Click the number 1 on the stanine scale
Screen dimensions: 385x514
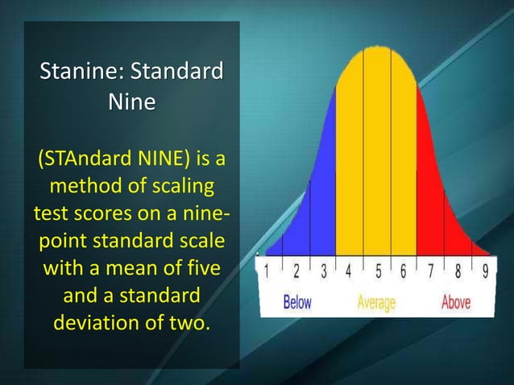click(268, 271)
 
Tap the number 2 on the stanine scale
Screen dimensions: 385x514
click(296, 271)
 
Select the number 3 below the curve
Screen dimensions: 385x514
click(323, 271)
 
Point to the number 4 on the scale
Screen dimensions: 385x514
click(349, 271)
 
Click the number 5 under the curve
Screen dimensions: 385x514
click(376, 271)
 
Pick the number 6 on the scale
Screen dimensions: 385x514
click(403, 271)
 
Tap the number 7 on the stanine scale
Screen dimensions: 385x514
click(430, 271)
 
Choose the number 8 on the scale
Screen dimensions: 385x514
click(458, 271)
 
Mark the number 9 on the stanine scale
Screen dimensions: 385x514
click(484, 271)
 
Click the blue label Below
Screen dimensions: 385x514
click(296, 303)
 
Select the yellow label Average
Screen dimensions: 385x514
click(376, 303)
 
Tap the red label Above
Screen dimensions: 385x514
click(456, 303)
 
